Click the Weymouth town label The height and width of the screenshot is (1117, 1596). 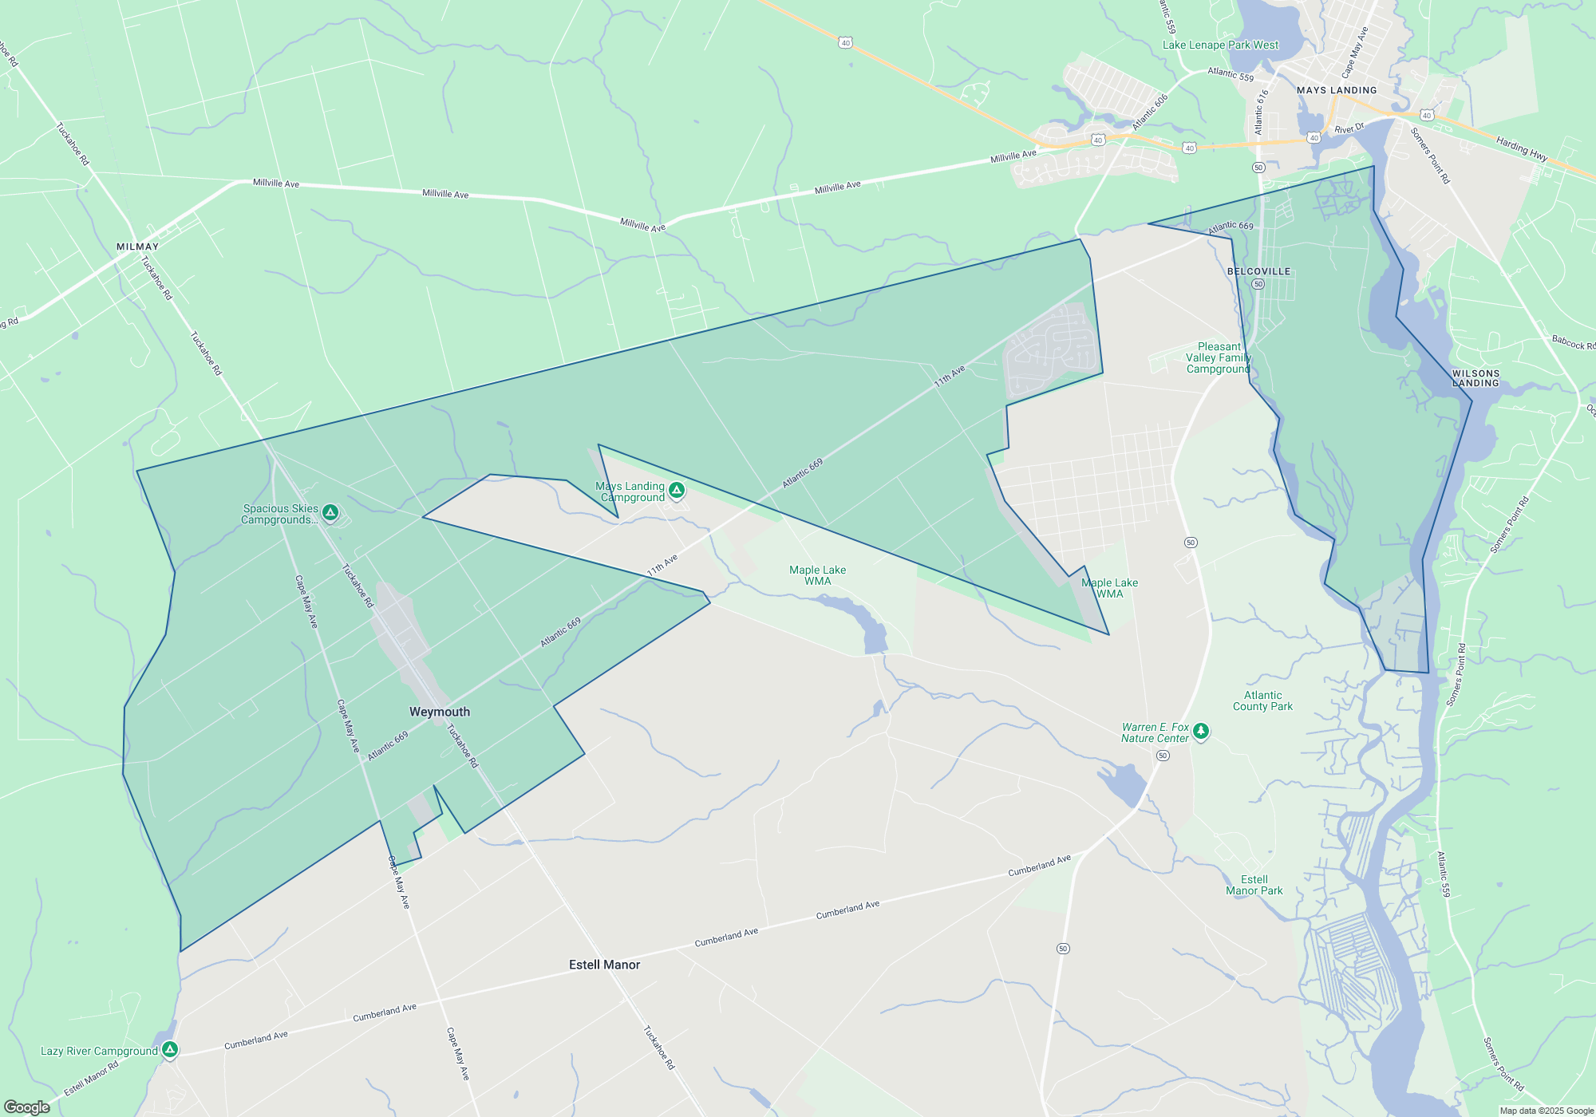tap(440, 712)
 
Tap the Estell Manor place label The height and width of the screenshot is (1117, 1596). tap(604, 965)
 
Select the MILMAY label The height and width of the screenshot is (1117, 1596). tap(137, 247)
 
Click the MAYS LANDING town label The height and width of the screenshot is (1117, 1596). tap(1337, 90)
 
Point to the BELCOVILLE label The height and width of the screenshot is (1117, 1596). tap(1258, 271)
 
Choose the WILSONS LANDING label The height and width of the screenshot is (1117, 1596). tap(1476, 378)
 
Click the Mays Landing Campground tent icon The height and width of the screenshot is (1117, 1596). tap(677, 489)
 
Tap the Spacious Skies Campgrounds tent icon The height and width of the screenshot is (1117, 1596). tap(330, 511)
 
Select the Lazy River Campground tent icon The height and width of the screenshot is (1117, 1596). tap(169, 1049)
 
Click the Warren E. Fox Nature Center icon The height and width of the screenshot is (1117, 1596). tap(1200, 731)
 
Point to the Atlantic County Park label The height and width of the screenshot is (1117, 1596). tap(1262, 701)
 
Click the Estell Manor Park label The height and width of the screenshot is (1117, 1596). tap(1254, 885)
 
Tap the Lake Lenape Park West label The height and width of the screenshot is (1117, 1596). tap(1220, 45)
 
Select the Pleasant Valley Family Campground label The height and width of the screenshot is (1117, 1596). tap(1219, 357)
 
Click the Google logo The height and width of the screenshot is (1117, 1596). tap(27, 1107)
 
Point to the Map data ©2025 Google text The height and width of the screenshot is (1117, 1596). tap(1547, 1111)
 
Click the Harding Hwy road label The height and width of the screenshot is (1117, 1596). tap(1522, 148)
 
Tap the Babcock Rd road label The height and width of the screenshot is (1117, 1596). tap(1573, 342)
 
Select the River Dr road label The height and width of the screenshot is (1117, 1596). tap(1349, 128)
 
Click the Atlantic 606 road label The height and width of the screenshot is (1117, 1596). tap(1150, 112)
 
